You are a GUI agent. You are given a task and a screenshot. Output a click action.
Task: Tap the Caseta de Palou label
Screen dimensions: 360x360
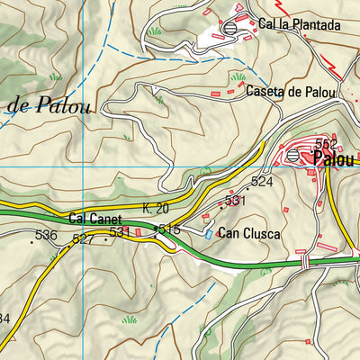(x=289, y=92)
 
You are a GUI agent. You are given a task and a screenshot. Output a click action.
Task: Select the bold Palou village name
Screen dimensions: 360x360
(x=335, y=159)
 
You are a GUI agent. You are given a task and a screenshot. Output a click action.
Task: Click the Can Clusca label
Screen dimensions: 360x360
(x=250, y=234)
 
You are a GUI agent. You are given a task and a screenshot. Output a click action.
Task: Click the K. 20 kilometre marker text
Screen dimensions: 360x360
(x=156, y=209)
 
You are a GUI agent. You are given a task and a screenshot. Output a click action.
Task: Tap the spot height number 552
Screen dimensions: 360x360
(x=325, y=144)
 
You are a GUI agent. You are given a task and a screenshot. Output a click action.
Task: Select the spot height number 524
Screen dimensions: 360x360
(x=262, y=182)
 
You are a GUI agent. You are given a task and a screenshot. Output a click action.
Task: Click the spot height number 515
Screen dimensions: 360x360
(x=170, y=230)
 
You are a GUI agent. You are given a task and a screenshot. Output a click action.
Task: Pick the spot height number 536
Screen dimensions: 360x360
(x=45, y=236)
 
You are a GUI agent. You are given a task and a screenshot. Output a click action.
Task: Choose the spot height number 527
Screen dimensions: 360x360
(x=84, y=238)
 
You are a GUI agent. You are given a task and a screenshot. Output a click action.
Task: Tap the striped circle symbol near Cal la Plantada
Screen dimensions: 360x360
(x=231, y=28)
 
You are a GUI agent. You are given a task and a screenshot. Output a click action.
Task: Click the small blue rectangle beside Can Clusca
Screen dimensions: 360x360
(x=210, y=233)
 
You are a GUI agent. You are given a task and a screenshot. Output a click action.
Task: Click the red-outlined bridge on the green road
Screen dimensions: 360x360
(x=306, y=261)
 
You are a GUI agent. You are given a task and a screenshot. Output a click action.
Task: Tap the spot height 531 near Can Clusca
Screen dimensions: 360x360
(x=235, y=201)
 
